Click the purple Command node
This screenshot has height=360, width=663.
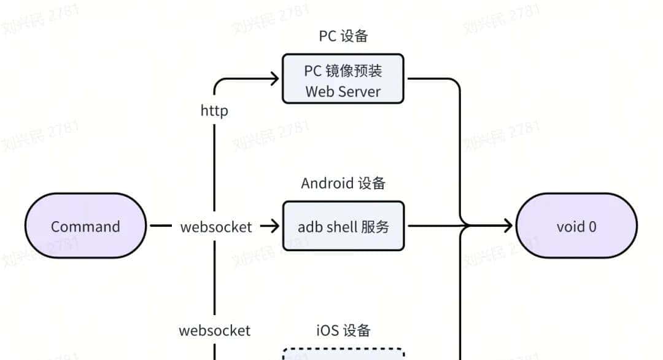[x=85, y=226]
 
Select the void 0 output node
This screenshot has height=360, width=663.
[x=576, y=226]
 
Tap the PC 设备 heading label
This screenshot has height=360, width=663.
[x=343, y=36]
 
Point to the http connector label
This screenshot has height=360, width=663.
[x=214, y=111]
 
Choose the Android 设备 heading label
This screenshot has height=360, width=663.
[x=343, y=183]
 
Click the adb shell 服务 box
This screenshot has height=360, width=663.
[x=343, y=226]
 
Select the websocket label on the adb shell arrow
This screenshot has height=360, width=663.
[x=216, y=227]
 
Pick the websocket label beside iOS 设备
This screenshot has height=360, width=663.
[x=215, y=331]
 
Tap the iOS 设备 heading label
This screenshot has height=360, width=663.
[x=343, y=331]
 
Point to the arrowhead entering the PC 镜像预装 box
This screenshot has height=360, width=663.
[x=274, y=78]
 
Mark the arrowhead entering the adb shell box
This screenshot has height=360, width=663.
[x=274, y=226]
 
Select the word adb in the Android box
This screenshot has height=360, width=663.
[x=310, y=227]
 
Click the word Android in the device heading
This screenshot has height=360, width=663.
[x=327, y=183]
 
